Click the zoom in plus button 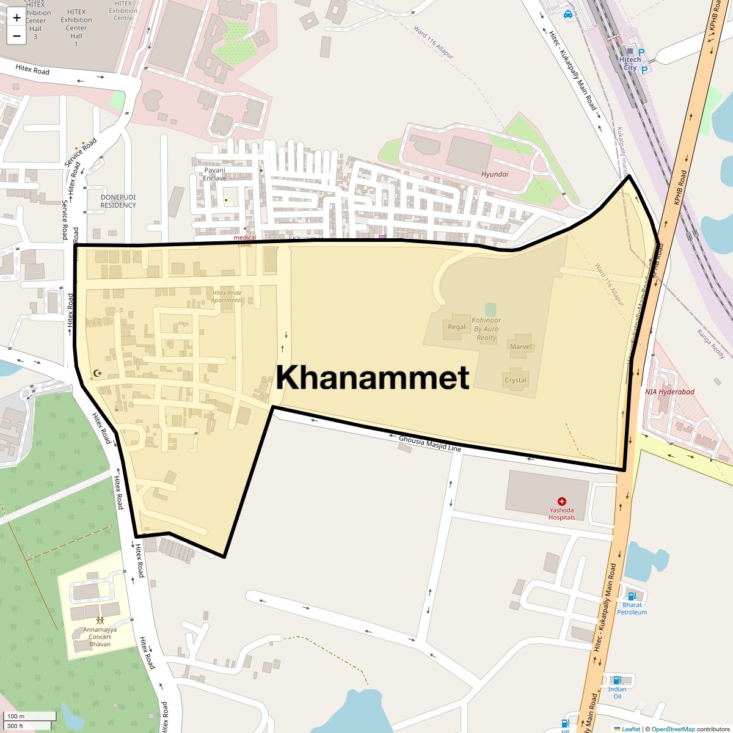[16, 18]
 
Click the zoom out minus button [16, 35]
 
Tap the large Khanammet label [373, 377]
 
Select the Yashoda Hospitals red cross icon [562, 501]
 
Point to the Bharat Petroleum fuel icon [632, 596]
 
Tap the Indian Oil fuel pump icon [617, 680]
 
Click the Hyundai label [495, 174]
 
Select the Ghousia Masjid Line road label [430, 444]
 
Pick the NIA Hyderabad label [669, 392]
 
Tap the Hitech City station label [630, 64]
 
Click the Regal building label [457, 327]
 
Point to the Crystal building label [516, 380]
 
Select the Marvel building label [520, 346]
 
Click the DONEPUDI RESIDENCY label [119, 201]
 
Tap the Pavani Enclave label [214, 174]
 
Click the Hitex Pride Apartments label [227, 296]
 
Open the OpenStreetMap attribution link [673, 729]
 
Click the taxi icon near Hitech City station [568, 15]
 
